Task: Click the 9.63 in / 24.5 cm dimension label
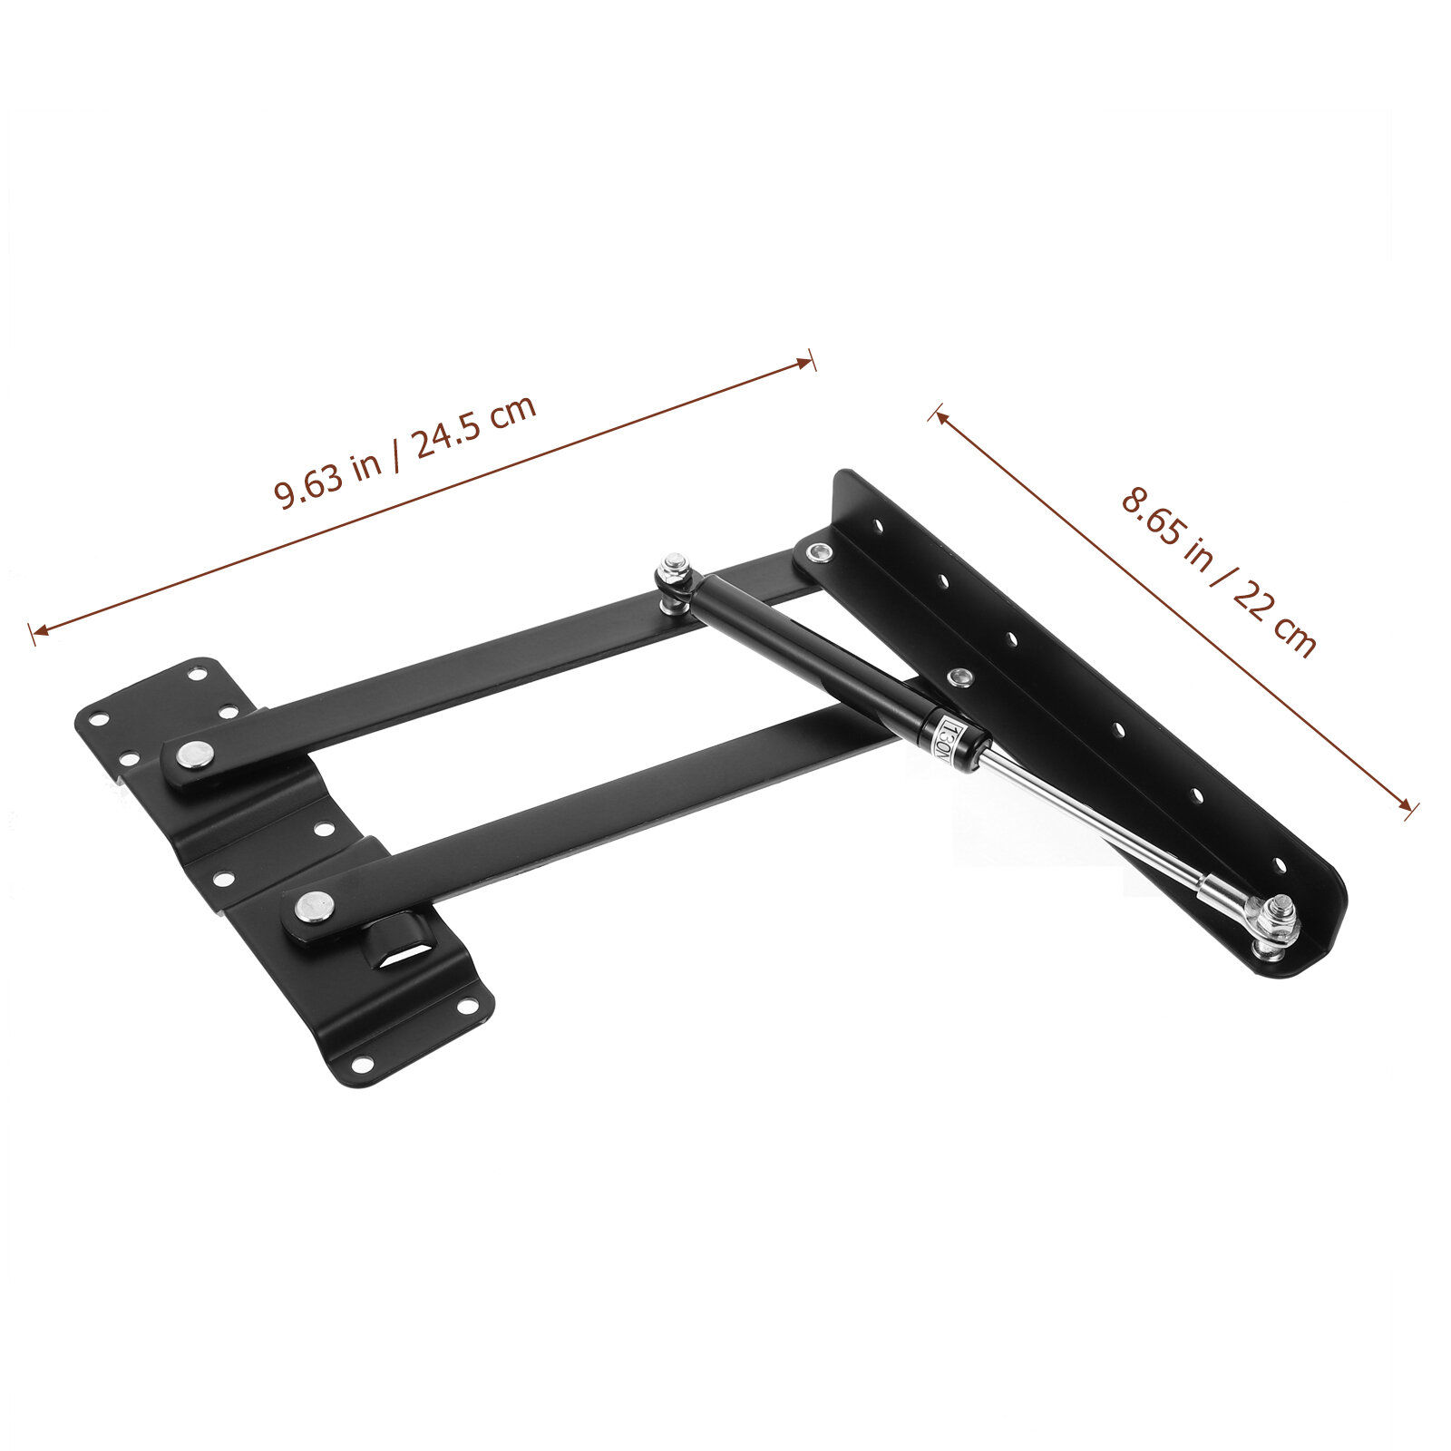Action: [405, 453]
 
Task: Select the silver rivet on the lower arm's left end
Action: [316, 905]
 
